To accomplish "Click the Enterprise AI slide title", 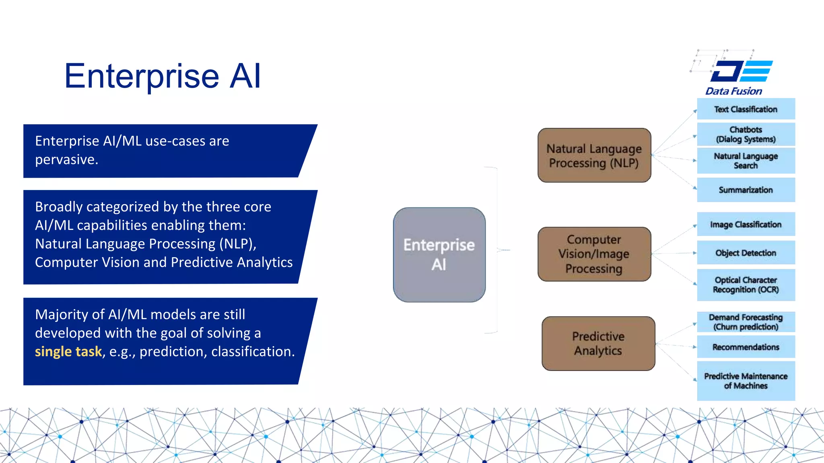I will [x=163, y=76].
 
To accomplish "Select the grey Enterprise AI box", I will [x=439, y=255].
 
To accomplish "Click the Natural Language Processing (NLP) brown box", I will [x=594, y=156].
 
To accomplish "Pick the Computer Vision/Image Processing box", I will [x=594, y=254].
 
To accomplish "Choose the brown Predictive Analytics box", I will [x=598, y=344].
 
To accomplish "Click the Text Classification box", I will [x=746, y=109].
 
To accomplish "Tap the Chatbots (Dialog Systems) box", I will [x=746, y=135].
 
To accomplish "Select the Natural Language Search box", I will [x=746, y=161].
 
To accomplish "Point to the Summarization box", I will [x=746, y=190].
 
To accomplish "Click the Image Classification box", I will [x=746, y=225].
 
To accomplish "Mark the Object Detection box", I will [x=746, y=253].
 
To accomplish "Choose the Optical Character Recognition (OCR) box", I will [x=746, y=285].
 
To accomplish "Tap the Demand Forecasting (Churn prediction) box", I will [x=746, y=322].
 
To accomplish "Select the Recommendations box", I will [x=746, y=347].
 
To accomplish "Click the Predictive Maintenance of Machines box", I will [x=746, y=381].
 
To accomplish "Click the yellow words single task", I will [x=68, y=352].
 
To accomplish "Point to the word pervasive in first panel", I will [x=66, y=160].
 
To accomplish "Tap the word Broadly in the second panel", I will [x=59, y=207].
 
